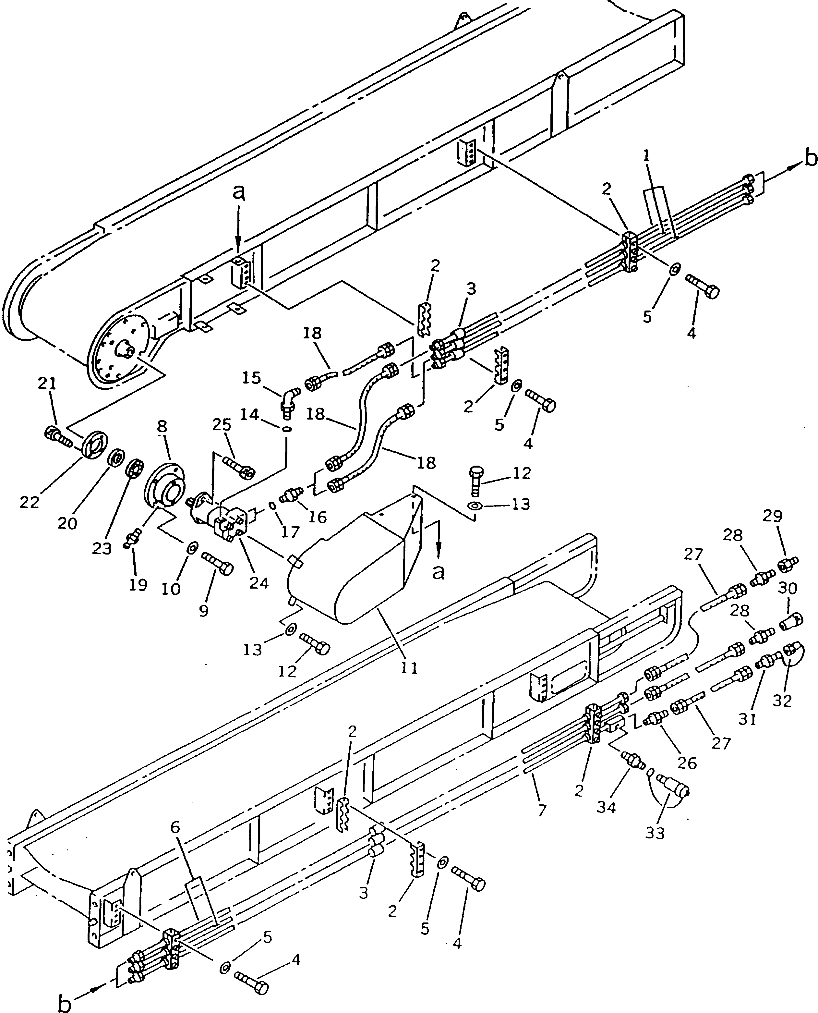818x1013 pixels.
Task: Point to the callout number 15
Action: tap(252, 378)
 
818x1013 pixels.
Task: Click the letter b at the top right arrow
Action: tap(810, 159)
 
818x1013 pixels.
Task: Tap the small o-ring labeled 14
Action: tap(286, 429)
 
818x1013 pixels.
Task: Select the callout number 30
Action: tap(788, 588)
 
